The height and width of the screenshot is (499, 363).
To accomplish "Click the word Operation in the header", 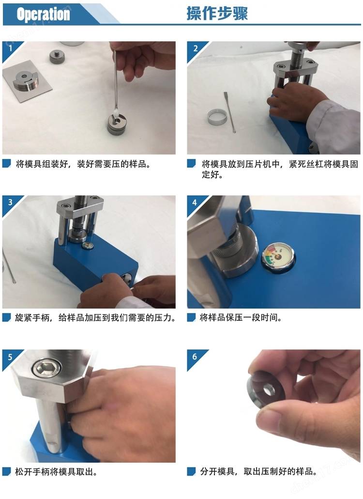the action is (43, 14).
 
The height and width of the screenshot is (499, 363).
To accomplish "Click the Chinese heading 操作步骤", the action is (217, 14).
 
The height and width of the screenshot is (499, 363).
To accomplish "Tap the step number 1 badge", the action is (10, 49).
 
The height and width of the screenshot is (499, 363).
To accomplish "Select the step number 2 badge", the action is (195, 49).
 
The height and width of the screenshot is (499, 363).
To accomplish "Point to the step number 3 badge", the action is (10, 203).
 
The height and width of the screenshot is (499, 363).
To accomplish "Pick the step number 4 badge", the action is (195, 203).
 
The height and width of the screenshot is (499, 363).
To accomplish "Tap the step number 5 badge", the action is (10, 357).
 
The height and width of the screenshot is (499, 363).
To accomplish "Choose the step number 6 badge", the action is (195, 357).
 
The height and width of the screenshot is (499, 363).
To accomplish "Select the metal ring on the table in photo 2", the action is (217, 117).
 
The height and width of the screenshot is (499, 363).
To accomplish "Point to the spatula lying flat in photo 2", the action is (229, 112).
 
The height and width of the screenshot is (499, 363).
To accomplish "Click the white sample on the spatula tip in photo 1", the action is (116, 112).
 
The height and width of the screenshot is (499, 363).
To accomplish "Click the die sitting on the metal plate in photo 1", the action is (26, 80).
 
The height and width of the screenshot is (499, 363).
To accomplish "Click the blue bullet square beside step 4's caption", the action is (191, 317).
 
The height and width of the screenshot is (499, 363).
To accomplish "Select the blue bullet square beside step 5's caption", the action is (6, 471).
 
